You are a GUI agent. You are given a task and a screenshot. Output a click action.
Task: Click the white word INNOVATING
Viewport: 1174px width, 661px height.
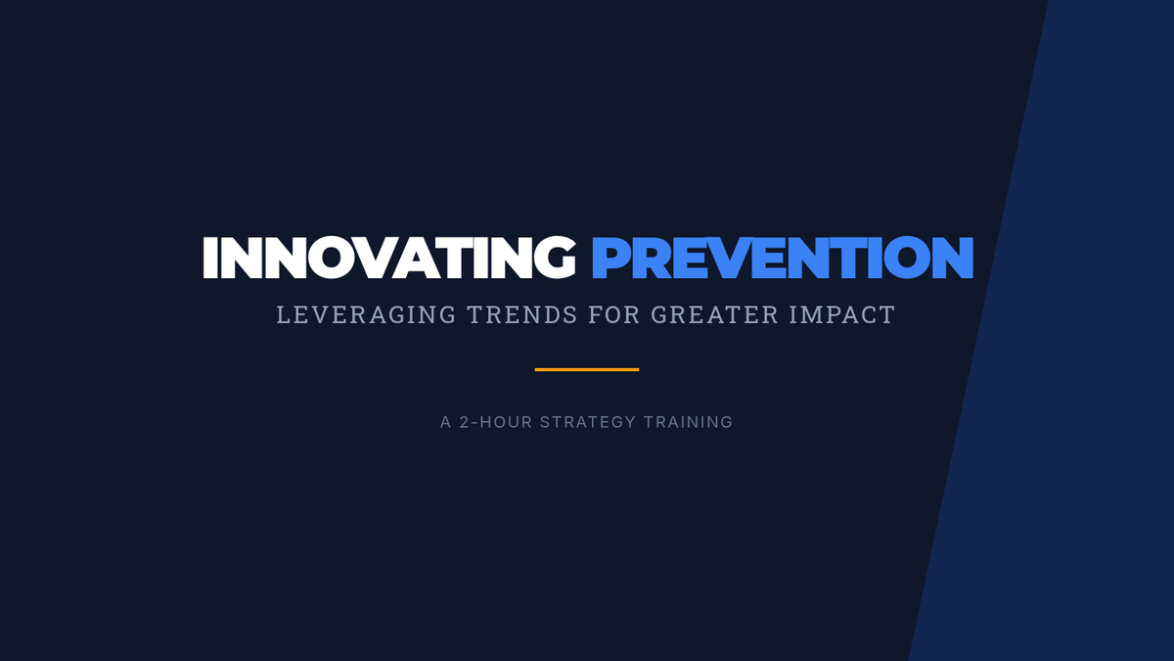(x=389, y=257)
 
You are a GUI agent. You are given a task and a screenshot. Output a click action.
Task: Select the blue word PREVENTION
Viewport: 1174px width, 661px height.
(x=783, y=257)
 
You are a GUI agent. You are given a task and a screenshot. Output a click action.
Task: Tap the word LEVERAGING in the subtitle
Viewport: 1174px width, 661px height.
(x=366, y=314)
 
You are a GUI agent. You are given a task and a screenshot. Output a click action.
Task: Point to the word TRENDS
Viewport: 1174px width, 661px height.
(x=522, y=314)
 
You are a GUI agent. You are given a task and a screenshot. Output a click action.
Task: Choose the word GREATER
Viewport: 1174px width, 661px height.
(x=715, y=314)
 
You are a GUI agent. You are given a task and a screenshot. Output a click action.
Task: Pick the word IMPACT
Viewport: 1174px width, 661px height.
(x=842, y=314)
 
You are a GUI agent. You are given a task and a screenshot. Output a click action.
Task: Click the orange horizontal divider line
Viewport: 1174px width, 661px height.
(x=587, y=370)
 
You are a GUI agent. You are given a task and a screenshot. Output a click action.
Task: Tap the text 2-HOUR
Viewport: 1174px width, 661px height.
(x=496, y=422)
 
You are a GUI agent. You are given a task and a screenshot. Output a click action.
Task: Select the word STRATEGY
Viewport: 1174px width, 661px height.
(x=588, y=422)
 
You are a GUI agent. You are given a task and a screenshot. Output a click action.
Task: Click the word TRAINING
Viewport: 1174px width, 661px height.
(x=688, y=422)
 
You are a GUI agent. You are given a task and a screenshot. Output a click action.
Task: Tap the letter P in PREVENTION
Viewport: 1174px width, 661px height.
(x=610, y=258)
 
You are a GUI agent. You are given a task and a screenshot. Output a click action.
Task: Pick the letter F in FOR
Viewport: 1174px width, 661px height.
(x=596, y=314)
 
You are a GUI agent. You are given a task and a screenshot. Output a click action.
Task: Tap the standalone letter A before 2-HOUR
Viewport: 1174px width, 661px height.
(x=445, y=422)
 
